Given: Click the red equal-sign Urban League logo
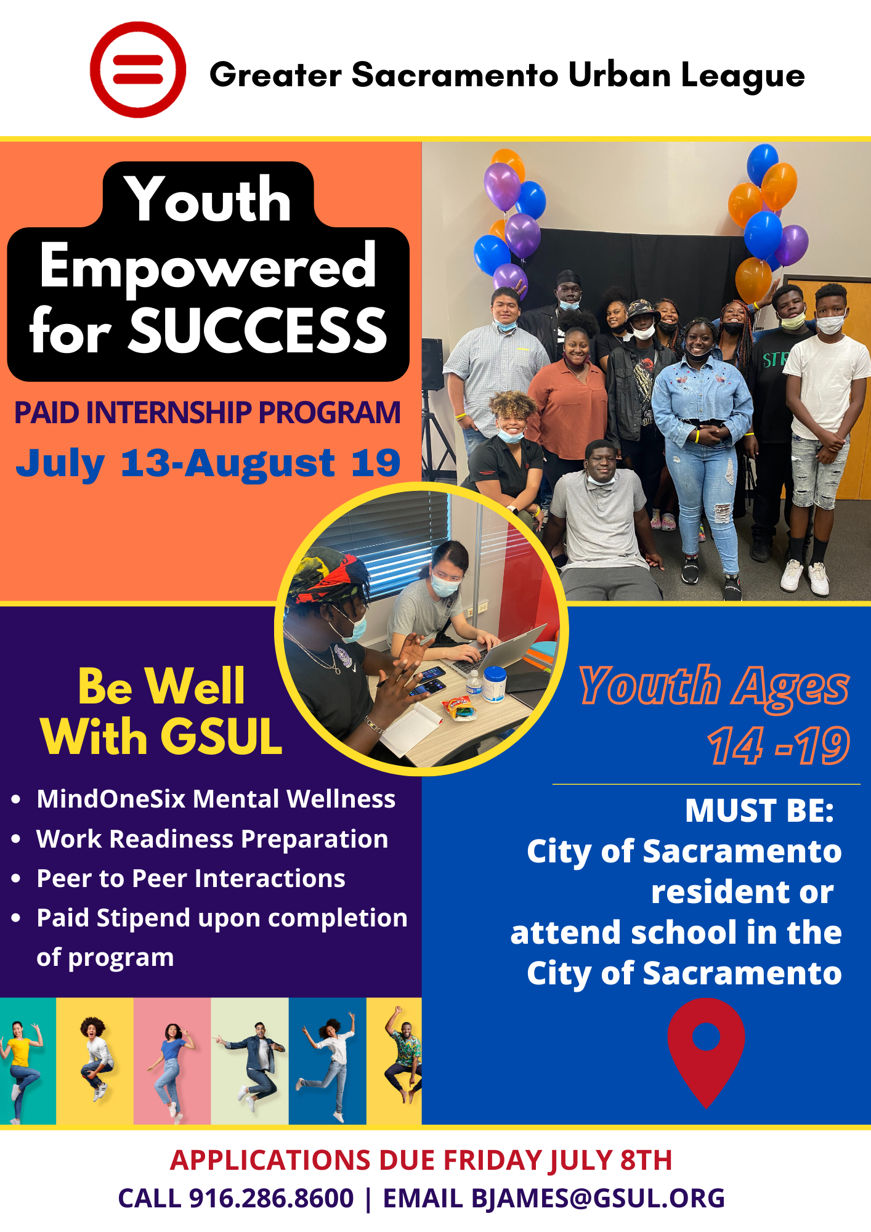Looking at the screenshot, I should tap(138, 70).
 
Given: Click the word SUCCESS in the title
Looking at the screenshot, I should tap(258, 331).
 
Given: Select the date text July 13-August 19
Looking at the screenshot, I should tap(208, 463).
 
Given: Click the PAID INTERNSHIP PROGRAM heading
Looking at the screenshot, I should tap(208, 413).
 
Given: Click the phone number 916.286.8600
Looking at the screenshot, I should tap(271, 1198).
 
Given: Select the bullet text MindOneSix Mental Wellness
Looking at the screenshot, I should tap(216, 799).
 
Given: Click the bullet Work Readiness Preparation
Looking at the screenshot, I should tap(213, 839).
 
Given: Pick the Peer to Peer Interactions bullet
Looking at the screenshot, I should tap(191, 878).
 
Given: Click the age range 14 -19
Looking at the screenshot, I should tap(779, 746).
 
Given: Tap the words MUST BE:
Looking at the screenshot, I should tap(759, 811).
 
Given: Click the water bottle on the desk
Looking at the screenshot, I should tap(474, 684).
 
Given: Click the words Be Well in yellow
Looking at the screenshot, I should tap(161, 686).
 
